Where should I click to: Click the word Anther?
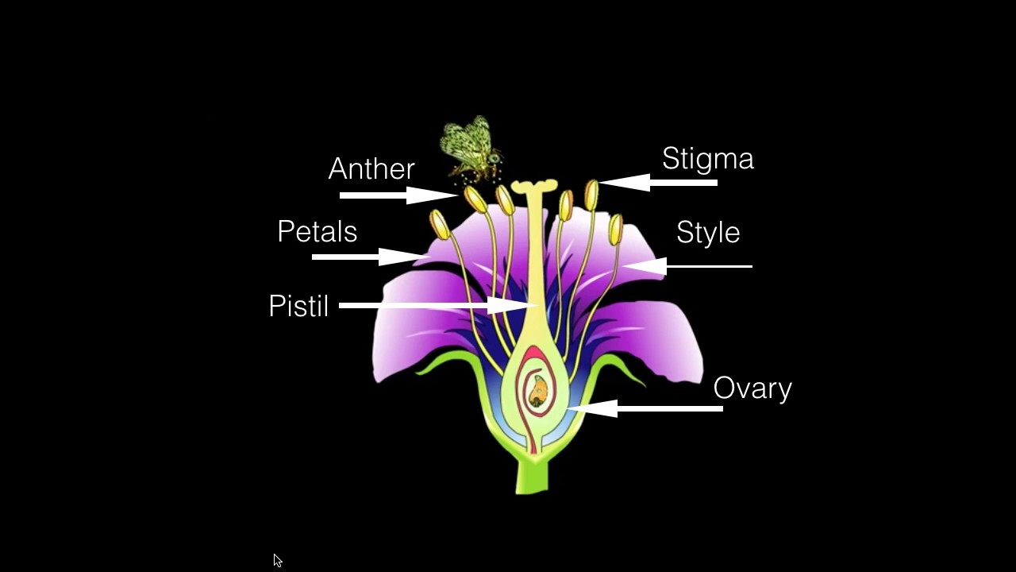click(x=371, y=168)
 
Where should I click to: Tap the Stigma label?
click(x=707, y=158)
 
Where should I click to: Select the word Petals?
click(x=317, y=231)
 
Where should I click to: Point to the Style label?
click(x=708, y=232)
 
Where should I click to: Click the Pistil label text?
click(x=298, y=306)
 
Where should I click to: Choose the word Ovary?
click(x=752, y=388)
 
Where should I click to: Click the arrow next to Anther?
click(x=397, y=195)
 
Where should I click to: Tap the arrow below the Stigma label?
click(x=659, y=183)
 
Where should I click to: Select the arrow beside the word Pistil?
click(x=437, y=305)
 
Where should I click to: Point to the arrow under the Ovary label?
click(x=645, y=408)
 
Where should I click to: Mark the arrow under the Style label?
click(x=687, y=266)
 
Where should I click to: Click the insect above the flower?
click(x=471, y=148)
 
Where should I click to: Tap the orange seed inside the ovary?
click(x=538, y=389)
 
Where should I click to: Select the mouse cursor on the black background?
click(x=277, y=560)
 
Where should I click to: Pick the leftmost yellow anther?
click(x=440, y=224)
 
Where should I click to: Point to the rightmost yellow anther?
click(x=616, y=229)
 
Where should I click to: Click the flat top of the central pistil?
click(x=533, y=187)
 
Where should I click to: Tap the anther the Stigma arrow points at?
click(x=591, y=194)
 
